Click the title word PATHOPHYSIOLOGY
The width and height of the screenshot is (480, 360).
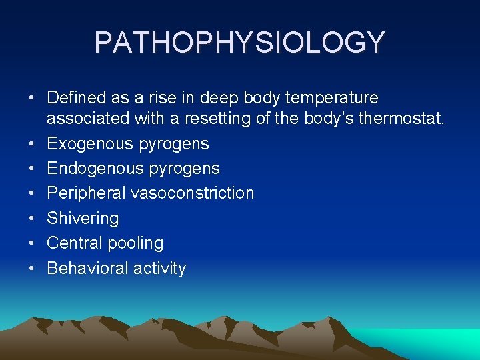(x=240, y=42)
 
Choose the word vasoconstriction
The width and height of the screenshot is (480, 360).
(x=192, y=193)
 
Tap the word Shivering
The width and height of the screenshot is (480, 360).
(x=83, y=218)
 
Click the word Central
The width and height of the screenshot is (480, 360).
(x=74, y=243)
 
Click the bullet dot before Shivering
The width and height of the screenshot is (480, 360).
(x=31, y=219)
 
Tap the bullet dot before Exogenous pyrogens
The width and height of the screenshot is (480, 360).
(x=31, y=144)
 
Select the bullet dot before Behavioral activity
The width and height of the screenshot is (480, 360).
(x=31, y=269)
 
